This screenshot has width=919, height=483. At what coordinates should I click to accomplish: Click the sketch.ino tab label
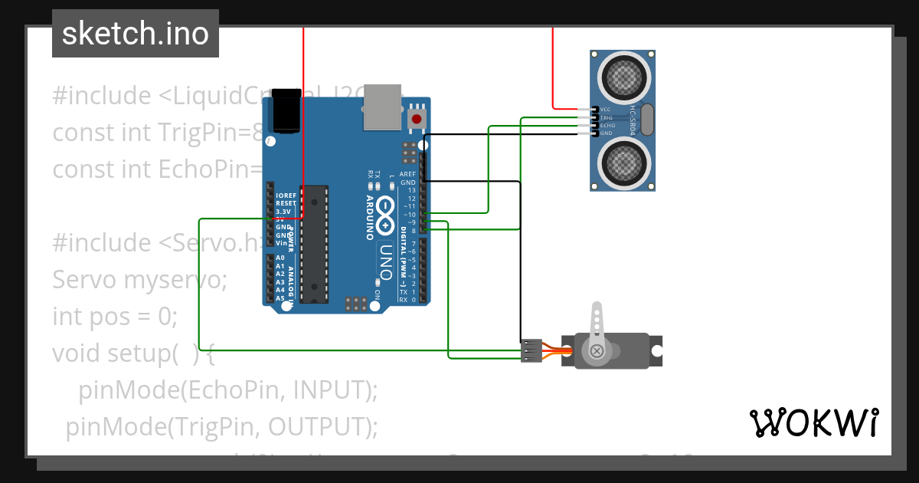[x=136, y=34]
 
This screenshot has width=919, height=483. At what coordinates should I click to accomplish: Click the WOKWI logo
[x=813, y=422]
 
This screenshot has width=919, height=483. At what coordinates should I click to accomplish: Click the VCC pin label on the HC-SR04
[x=606, y=110]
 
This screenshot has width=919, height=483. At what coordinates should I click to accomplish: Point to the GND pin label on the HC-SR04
[x=606, y=133]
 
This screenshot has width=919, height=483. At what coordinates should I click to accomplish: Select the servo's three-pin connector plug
[x=530, y=350]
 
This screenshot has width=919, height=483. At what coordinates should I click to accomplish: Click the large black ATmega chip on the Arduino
[x=314, y=244]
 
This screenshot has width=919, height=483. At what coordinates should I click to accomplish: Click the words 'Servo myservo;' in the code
[x=140, y=280]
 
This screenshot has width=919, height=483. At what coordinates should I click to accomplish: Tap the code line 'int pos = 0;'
[x=115, y=317]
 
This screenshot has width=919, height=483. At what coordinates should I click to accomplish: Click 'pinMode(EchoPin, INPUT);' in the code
[x=228, y=390]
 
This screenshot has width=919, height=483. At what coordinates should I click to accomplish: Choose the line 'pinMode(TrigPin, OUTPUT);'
[x=222, y=426]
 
